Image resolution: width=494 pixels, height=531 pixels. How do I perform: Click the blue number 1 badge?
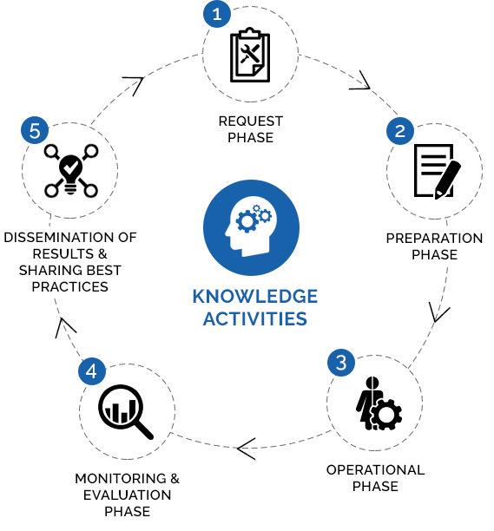point(217,14)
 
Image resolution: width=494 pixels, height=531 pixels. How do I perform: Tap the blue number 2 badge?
point(400,131)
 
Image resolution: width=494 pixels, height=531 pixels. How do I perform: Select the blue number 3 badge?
point(341,363)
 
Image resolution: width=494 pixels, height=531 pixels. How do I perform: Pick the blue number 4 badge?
point(92,371)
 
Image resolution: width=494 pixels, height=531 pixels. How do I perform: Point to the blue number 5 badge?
point(35,130)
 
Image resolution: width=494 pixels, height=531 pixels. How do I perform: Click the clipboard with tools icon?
point(250,55)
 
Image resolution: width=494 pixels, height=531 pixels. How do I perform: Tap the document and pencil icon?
point(437,171)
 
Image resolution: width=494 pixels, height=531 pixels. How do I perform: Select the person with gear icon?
point(379,403)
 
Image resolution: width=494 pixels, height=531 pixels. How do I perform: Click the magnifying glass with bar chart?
point(126,412)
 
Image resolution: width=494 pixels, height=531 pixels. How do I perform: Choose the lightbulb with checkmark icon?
point(71,171)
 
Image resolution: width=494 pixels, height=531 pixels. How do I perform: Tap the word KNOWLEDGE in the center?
point(255,297)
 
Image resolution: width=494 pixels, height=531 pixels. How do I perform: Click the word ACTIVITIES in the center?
point(255,319)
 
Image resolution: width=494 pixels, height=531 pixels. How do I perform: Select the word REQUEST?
point(251,121)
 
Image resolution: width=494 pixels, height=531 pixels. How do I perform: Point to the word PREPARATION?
point(434,239)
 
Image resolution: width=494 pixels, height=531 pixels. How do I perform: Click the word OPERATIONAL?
point(375,470)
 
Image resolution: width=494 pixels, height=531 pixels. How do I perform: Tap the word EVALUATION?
point(127,495)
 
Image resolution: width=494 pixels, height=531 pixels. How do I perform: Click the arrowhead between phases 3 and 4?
point(247,449)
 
